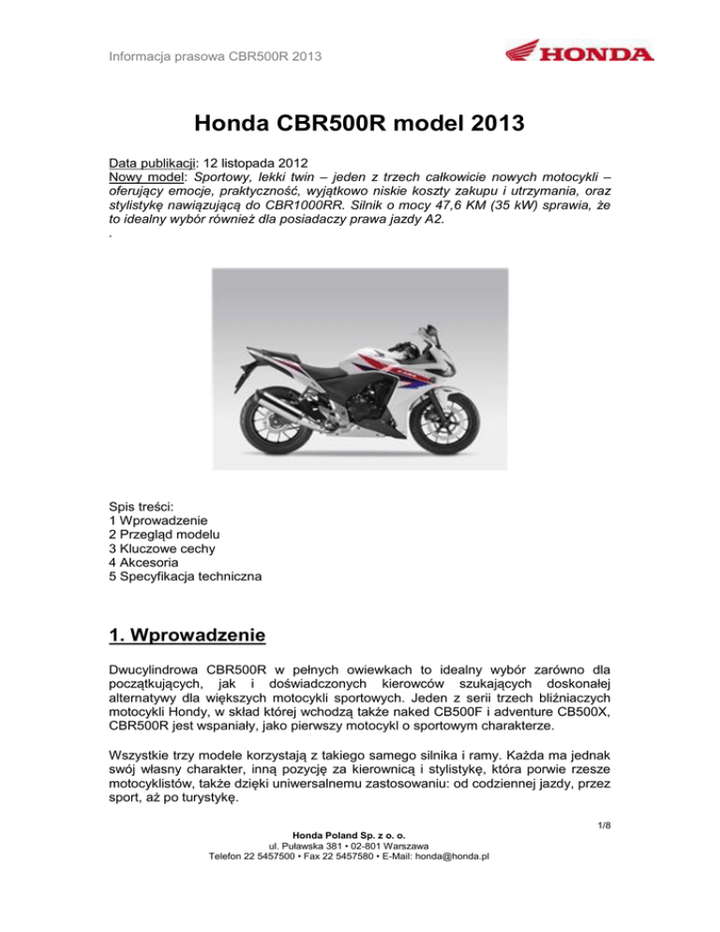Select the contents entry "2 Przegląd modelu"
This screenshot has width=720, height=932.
175,533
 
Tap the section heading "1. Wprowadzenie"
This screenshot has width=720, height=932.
188,637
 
